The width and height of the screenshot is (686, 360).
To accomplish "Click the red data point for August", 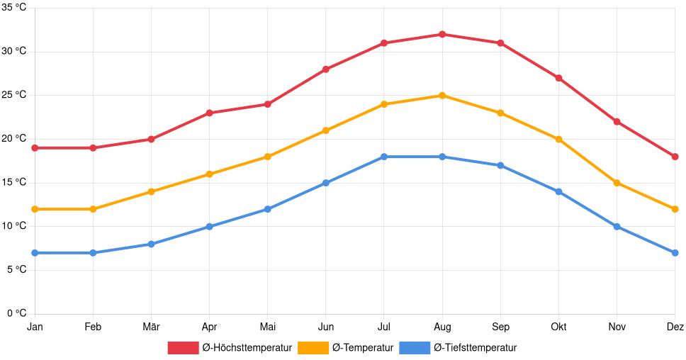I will (442, 34).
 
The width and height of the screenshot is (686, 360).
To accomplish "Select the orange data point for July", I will (384, 104).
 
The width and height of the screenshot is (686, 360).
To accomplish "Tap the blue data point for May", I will (268, 209).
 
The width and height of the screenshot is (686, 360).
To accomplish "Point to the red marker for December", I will (675, 157).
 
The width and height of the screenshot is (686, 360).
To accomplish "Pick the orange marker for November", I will (617, 183).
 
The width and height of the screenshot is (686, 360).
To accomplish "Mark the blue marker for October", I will (558, 191).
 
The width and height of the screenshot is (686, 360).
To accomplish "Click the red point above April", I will (210, 113).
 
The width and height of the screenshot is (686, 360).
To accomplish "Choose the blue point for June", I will (326, 183).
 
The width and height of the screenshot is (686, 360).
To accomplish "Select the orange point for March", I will (152, 191).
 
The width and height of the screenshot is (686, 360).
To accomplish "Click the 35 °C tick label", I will (14, 8).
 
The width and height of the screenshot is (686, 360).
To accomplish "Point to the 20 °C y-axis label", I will (14, 139).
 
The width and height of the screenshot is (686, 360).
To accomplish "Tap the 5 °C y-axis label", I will (17, 270).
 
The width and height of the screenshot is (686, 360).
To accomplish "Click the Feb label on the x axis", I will (93, 327).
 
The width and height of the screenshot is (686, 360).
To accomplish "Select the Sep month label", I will (500, 327).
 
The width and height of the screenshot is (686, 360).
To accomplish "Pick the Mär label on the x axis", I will (152, 327).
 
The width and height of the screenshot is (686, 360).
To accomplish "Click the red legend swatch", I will (183, 347).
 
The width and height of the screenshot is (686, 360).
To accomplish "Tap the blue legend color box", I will (415, 347).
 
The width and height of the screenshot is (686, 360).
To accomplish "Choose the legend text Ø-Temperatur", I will (362, 347).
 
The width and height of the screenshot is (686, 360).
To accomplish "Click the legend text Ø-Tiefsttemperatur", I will (475, 347).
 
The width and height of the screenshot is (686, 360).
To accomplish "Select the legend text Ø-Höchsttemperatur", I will (247, 347).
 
